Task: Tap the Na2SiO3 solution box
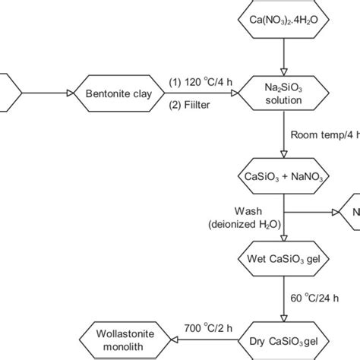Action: pyautogui.click(x=283, y=94)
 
